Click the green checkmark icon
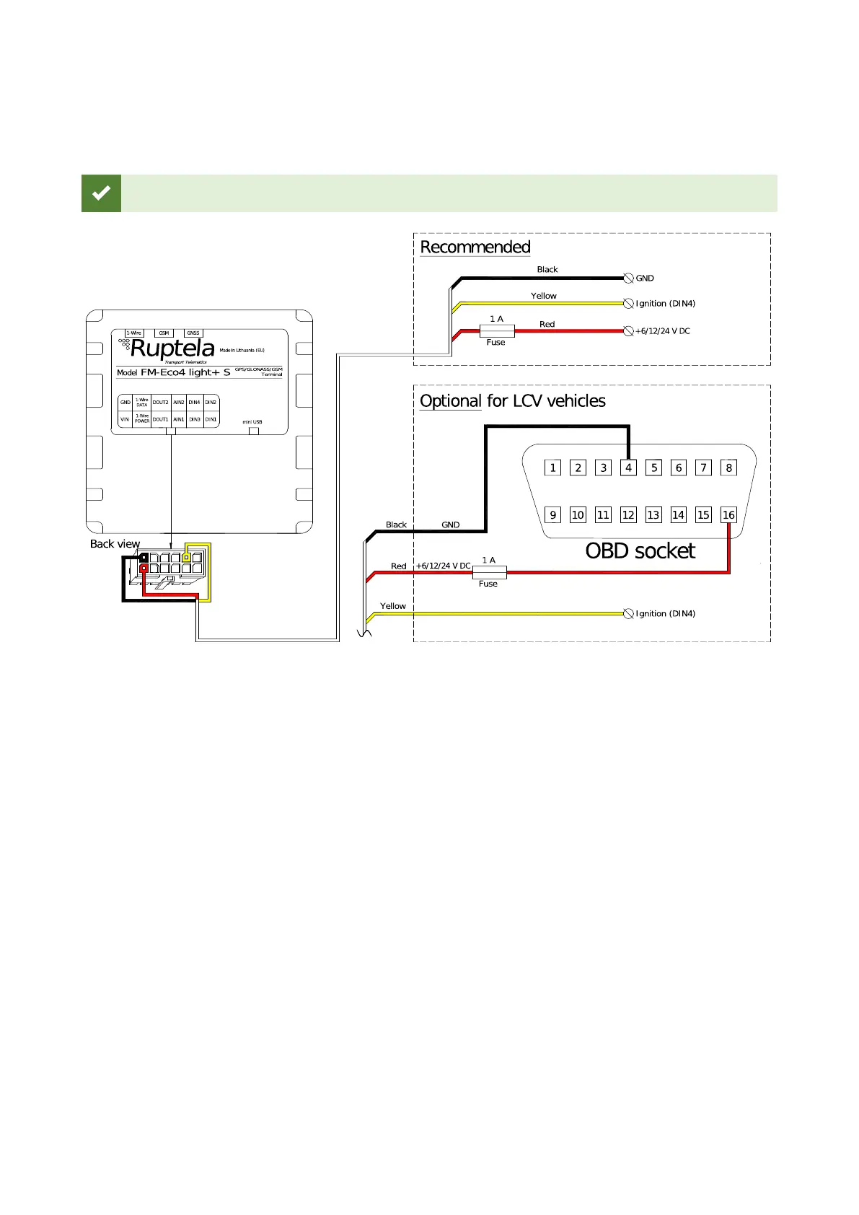(x=101, y=193)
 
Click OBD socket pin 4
(x=628, y=468)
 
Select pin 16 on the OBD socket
(x=728, y=514)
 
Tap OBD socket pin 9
(x=552, y=514)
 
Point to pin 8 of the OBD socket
(x=728, y=468)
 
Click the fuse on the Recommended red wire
(x=497, y=331)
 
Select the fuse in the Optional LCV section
(x=489, y=573)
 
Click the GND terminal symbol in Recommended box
(x=628, y=278)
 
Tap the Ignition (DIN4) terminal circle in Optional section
(x=628, y=614)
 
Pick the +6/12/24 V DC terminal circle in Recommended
(x=628, y=331)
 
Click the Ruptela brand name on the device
(x=172, y=349)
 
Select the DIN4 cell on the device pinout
(x=194, y=403)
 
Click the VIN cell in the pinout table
(x=125, y=419)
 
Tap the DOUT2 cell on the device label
(x=160, y=403)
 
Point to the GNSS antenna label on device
(x=193, y=333)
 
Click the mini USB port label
(x=252, y=422)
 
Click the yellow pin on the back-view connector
(x=186, y=558)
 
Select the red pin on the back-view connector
(x=144, y=569)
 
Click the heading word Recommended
(x=475, y=247)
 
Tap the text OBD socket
(x=640, y=551)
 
